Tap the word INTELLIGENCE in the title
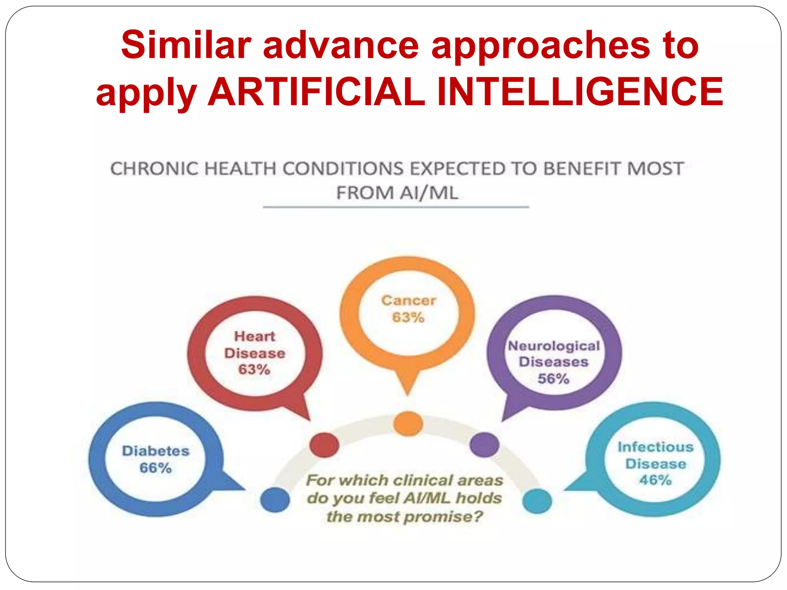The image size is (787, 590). [x=580, y=92]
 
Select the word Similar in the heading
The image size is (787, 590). [x=186, y=45]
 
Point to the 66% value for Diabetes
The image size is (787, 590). [x=155, y=468]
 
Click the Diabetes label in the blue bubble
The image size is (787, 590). [x=156, y=451]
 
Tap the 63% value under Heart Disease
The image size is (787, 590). [x=254, y=370]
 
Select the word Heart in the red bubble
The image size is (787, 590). [x=255, y=336]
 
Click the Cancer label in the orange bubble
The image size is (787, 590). [x=408, y=300]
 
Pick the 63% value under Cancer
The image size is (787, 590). [x=408, y=318]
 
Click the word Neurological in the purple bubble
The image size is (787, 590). [x=554, y=346]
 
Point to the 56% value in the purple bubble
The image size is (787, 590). [x=553, y=379]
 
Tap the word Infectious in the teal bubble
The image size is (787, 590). [x=656, y=447]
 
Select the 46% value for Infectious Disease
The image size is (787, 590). [x=656, y=480]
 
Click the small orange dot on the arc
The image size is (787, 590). [x=408, y=424]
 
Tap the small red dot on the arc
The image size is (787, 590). [x=324, y=445]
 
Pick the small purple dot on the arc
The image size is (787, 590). [x=484, y=445]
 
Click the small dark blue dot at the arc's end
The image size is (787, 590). [x=275, y=499]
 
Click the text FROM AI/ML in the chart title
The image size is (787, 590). [x=397, y=193]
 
